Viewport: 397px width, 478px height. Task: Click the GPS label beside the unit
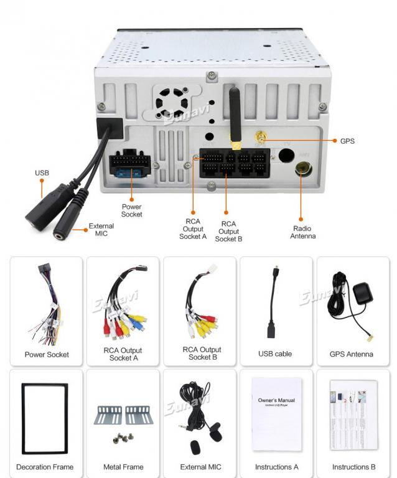[x=347, y=141]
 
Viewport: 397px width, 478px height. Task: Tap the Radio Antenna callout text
[x=303, y=232]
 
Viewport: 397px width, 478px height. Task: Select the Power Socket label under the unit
[x=131, y=210]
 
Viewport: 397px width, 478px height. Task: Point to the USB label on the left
[x=42, y=173]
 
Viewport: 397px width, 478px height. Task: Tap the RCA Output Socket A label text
[x=192, y=228]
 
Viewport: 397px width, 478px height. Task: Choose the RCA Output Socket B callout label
[x=228, y=231]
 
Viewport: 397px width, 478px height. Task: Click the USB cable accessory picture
[x=274, y=305]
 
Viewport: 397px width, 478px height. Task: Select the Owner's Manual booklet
[x=276, y=414]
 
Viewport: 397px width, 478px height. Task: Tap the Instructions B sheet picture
[x=353, y=414]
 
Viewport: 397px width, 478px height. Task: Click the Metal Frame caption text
[x=123, y=467]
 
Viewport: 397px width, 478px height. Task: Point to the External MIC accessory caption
[x=200, y=467]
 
